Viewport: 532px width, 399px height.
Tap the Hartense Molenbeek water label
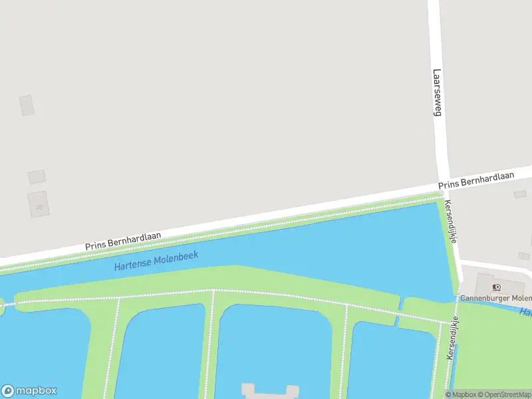pos(156,260)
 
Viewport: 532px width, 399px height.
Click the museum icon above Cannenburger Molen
pos(496,287)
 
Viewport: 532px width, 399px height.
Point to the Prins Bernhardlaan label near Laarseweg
pos(476,180)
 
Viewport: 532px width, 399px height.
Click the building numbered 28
pos(38,203)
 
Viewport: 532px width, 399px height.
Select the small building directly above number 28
pos(37,177)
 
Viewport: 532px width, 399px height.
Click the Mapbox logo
pos(29,391)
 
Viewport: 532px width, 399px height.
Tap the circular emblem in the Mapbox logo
pos(8,391)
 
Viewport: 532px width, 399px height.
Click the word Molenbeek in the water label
pos(176,257)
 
